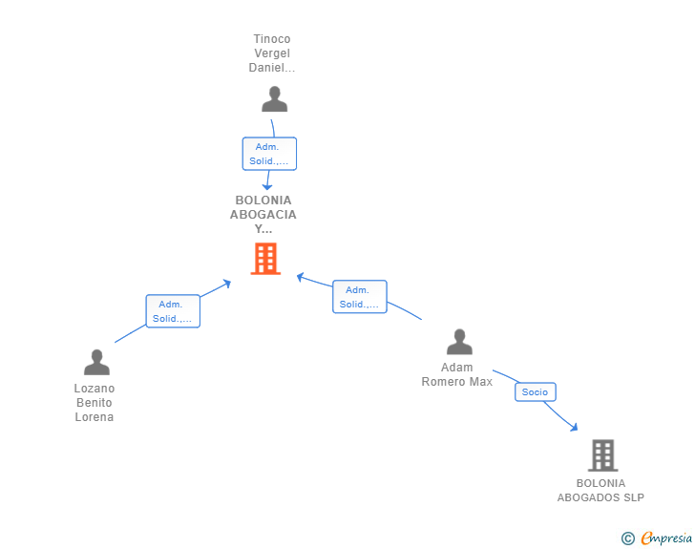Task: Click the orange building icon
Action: tap(265, 259)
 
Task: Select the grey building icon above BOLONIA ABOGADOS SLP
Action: tap(602, 455)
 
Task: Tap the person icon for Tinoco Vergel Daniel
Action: tap(274, 99)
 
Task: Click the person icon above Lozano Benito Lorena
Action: tap(96, 362)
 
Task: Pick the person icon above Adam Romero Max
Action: tap(459, 342)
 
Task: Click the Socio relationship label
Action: tap(535, 392)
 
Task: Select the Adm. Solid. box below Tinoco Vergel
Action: tap(269, 154)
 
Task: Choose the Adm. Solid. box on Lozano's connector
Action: tap(173, 311)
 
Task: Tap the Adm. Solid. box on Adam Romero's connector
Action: tap(360, 297)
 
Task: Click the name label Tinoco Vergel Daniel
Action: tap(272, 53)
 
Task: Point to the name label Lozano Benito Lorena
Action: tap(95, 403)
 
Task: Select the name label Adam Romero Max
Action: tap(457, 374)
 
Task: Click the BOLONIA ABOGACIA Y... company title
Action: tap(263, 215)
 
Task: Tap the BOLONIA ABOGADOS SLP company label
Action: tap(600, 491)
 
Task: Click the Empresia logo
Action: tap(666, 538)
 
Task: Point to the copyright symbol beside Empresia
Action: tap(628, 538)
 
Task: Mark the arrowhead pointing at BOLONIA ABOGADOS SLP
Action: tap(575, 428)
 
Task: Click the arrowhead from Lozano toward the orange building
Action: tap(227, 284)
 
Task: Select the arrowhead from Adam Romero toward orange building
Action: tap(300, 277)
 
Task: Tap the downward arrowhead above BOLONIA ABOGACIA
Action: tap(267, 187)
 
